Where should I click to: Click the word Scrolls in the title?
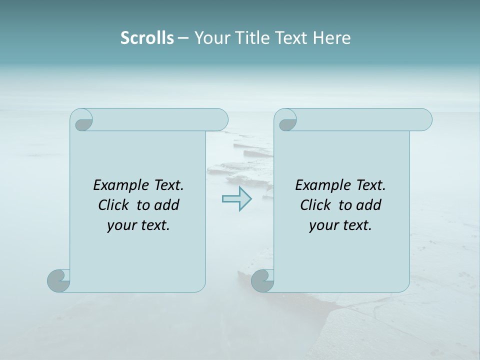[x=147, y=38]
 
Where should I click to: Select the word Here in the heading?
[x=331, y=38]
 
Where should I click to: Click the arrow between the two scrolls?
[x=236, y=199]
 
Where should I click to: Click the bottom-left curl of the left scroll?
[x=59, y=280]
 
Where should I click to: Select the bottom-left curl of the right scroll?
[x=262, y=280]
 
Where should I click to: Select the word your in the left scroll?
[x=121, y=225]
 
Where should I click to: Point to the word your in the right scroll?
[x=323, y=225]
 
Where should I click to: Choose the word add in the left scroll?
[x=166, y=205]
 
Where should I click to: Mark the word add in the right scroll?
[x=368, y=205]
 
